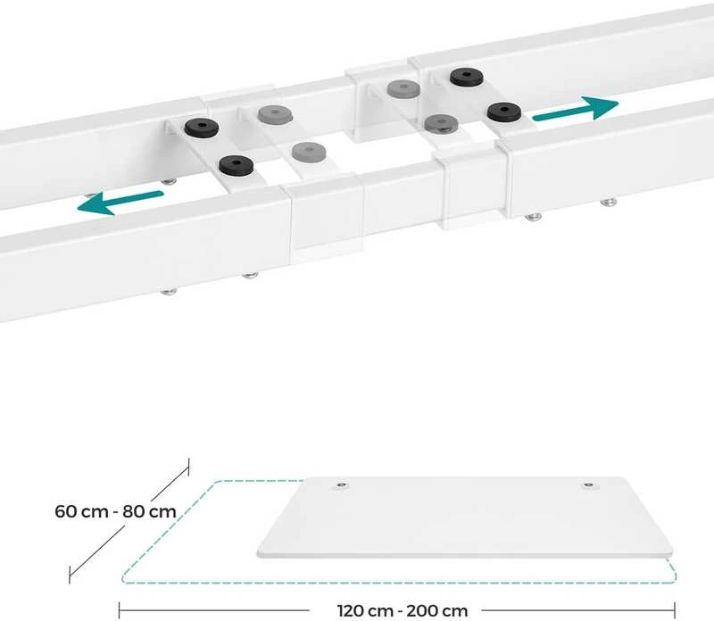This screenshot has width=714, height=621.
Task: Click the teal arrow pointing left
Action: (120, 202)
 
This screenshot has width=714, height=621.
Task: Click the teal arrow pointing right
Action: (576, 110)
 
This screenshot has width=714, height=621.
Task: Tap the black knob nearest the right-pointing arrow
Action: (503, 112)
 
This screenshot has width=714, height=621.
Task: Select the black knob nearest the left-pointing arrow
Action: (237, 165)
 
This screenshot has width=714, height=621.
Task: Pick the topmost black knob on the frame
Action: (467, 77)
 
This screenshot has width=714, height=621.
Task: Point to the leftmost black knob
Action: (202, 127)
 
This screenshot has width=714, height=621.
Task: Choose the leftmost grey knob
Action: (274, 114)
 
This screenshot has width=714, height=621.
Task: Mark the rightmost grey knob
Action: (441, 122)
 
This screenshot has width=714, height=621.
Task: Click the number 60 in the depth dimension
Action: (65, 511)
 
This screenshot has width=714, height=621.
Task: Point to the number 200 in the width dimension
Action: (421, 610)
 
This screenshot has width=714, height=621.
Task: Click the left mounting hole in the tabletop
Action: (341, 485)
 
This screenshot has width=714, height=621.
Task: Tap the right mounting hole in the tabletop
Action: (589, 485)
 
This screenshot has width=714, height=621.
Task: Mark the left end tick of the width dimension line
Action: (120, 610)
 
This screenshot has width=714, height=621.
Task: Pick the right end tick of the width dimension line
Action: (675, 610)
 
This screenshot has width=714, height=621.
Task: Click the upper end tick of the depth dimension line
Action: (188, 468)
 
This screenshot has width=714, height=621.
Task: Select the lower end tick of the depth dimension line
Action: (70, 575)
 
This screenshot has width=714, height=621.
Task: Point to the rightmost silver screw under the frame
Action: (608, 202)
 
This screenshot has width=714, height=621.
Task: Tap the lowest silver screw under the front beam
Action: (168, 291)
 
